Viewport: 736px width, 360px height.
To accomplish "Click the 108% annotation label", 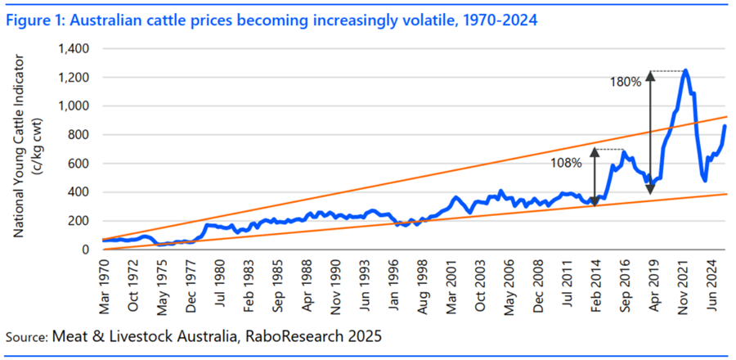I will click(x=566, y=163).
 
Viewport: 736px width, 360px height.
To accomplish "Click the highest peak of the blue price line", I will click(x=685, y=70).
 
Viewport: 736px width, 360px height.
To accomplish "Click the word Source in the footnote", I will click(x=25, y=336).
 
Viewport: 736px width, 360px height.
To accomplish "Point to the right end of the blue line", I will click(x=725, y=125).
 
